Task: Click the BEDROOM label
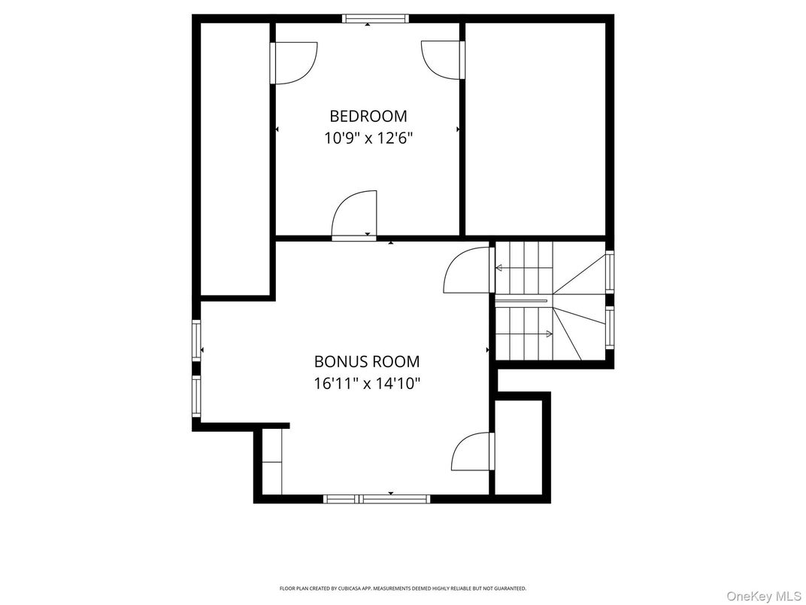tap(368, 116)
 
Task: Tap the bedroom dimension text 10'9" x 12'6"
tap(368, 138)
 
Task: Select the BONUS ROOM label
tap(367, 361)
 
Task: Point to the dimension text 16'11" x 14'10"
tap(367, 383)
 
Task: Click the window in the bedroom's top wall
tap(375, 19)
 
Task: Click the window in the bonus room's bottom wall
tap(376, 498)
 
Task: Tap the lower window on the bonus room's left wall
tap(196, 397)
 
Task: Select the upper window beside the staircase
tap(610, 271)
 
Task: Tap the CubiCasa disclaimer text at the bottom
tap(403, 588)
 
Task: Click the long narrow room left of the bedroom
tap(235, 158)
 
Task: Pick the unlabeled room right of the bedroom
tap(535, 128)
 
